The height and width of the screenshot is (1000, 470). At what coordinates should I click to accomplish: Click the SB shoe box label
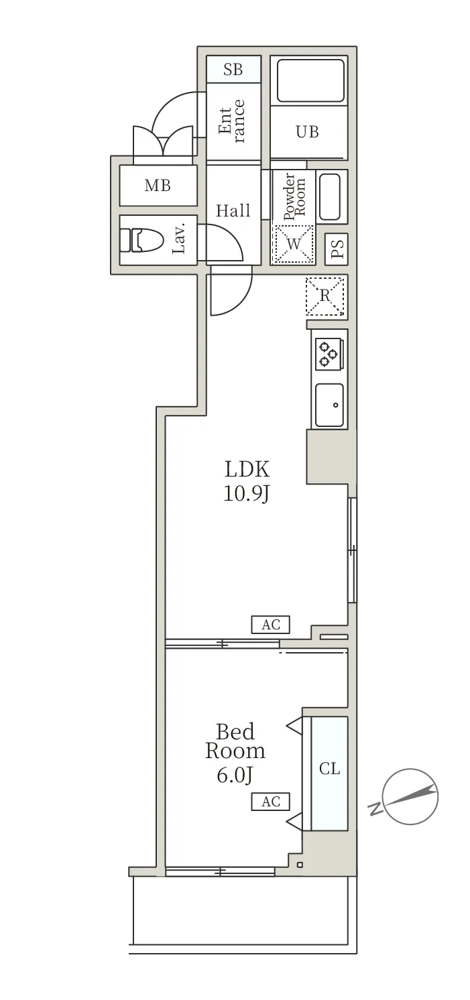point(233,69)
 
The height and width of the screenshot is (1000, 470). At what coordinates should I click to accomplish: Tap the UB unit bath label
point(308,131)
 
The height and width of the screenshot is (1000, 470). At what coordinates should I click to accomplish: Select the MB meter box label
point(158,186)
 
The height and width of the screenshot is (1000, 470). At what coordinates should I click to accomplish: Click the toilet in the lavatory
point(143,239)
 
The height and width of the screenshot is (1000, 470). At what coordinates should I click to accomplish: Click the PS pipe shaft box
point(337,248)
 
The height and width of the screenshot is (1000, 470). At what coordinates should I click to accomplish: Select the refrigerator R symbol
point(325,296)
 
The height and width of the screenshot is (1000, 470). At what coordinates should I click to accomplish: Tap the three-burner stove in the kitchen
point(329,354)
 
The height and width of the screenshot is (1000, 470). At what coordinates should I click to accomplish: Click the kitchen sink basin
point(329,405)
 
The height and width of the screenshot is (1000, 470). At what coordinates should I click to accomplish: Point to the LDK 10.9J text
point(246,481)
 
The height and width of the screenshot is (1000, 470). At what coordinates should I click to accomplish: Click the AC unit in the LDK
point(271,625)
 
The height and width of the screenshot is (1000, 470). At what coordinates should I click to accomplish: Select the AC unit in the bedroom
point(271,801)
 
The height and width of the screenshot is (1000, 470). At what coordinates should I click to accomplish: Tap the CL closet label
point(329,769)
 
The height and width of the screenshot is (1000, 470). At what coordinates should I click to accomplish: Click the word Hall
point(233,211)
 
